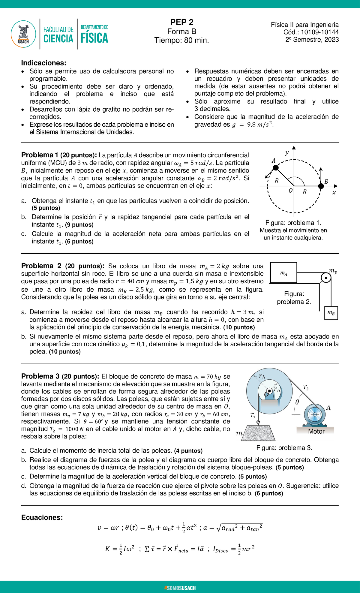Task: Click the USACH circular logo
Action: pyautogui.click(x=23, y=34)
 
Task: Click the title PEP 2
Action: pyautogui.click(x=181, y=22)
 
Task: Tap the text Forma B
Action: pyautogui.click(x=181, y=32)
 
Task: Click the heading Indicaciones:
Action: pyautogui.click(x=43, y=63)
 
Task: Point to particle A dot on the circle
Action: pyautogui.click(x=276, y=167)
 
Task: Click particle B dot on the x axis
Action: pyautogui.click(x=321, y=186)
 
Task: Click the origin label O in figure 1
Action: pyautogui.click(x=290, y=191)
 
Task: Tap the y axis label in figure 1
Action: pyautogui.click(x=287, y=152)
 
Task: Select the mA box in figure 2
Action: pyautogui.click(x=283, y=273)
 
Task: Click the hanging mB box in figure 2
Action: pyautogui.click(x=331, y=313)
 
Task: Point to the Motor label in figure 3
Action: pyautogui.click(x=316, y=431)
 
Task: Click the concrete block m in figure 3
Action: pyautogui.click(x=258, y=433)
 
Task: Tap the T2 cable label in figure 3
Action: pyautogui.click(x=306, y=387)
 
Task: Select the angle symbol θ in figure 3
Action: pyautogui.click(x=297, y=402)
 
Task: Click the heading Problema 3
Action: pyautogui.click(x=40, y=376)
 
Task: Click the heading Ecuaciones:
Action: pyautogui.click(x=42, y=517)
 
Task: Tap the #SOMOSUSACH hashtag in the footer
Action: pyautogui.click(x=180, y=588)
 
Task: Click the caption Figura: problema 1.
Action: pyautogui.click(x=293, y=223)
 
